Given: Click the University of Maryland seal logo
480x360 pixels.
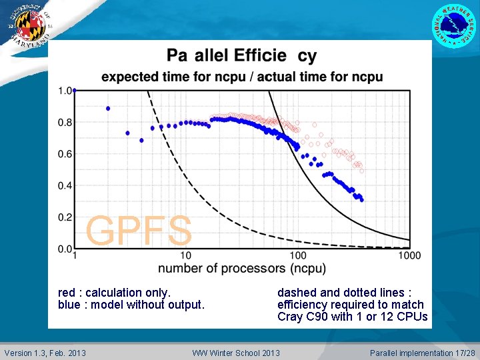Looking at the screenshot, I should tap(28, 27).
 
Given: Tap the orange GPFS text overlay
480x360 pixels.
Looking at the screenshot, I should tap(139, 231).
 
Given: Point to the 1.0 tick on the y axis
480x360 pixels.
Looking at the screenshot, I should tap(65, 91).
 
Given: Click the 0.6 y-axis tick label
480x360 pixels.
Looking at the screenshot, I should tap(65, 154).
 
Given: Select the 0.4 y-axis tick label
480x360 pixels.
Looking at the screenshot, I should tap(65, 186).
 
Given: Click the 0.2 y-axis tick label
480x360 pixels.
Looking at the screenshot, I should tap(65, 217).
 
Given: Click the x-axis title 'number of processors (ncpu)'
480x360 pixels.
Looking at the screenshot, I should tap(241, 269).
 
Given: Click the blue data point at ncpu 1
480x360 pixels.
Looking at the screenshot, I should tap(74, 90).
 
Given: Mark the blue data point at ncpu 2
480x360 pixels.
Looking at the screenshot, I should tap(108, 108).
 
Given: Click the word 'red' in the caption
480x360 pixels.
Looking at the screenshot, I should tap(67, 293).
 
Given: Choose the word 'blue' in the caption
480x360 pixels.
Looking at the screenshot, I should tap(69, 305).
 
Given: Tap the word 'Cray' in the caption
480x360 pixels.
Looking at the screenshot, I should tap(291, 317).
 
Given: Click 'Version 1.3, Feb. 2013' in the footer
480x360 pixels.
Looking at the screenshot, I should tap(45, 353).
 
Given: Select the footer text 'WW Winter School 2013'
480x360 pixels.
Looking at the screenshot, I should tap(236, 353).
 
